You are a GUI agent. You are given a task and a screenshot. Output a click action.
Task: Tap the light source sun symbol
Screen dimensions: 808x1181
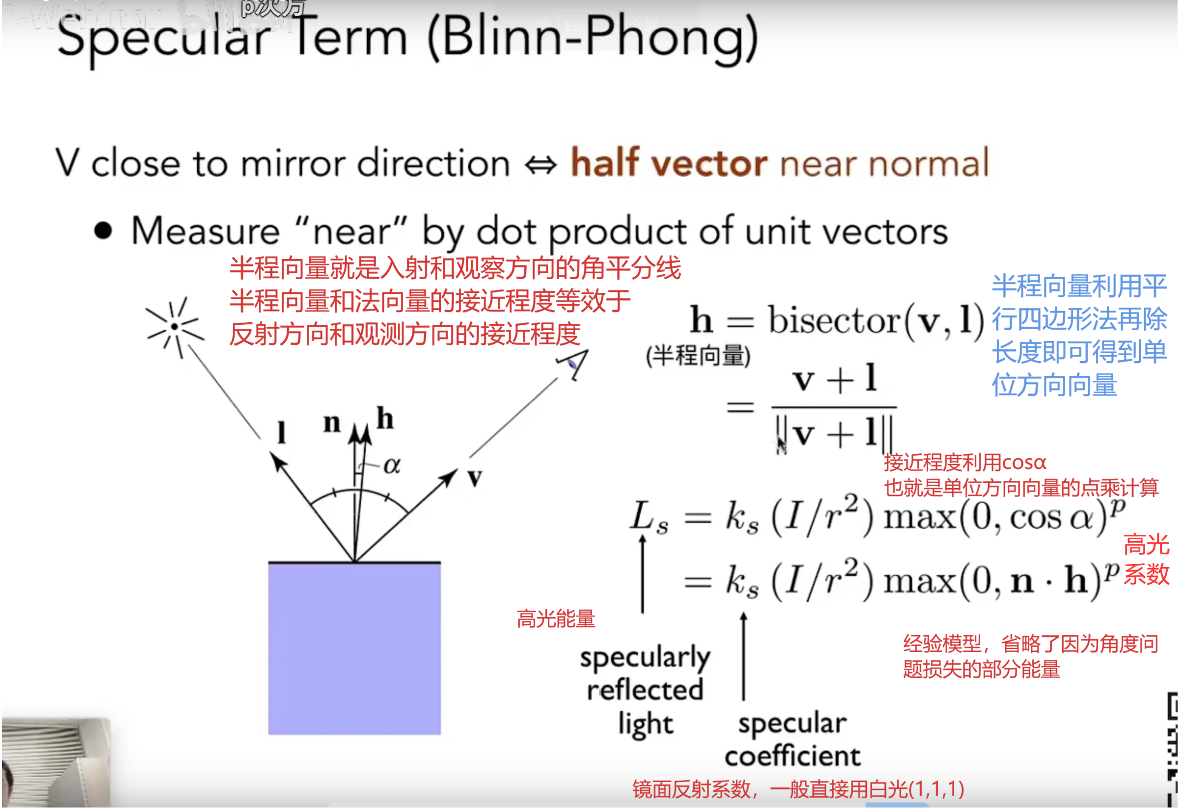point(175,327)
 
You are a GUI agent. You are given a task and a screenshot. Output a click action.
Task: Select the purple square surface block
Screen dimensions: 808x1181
point(355,649)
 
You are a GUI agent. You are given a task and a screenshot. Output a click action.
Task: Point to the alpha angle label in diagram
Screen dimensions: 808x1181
point(392,465)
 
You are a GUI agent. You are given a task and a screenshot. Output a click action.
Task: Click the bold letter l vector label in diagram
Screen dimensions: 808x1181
point(281,433)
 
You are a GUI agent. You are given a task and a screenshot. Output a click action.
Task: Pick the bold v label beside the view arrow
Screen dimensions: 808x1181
point(475,477)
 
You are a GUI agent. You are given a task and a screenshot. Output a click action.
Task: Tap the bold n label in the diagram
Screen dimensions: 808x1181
point(332,422)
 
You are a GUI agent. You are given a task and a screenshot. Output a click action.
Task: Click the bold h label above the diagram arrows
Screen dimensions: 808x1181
point(385,419)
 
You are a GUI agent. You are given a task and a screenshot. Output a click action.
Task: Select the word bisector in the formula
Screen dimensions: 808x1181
point(834,321)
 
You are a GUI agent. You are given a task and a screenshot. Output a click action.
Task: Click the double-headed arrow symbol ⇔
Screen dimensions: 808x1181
point(541,164)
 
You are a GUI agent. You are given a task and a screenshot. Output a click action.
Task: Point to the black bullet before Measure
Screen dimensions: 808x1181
point(103,231)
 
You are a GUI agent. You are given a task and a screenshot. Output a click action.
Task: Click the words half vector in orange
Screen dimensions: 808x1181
point(669,163)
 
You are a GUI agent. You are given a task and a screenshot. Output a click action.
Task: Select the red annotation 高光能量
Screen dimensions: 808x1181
point(556,619)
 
